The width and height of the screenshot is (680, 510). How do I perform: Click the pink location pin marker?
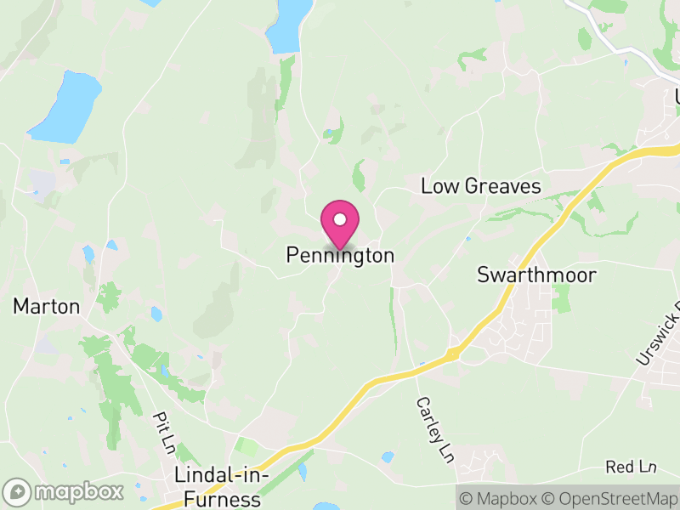[x=340, y=224]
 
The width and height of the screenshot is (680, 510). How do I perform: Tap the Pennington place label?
[x=340, y=255]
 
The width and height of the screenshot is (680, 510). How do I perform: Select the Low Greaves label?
[x=481, y=186]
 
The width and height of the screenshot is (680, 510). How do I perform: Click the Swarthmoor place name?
[x=536, y=275]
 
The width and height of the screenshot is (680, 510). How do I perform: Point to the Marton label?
[x=46, y=306]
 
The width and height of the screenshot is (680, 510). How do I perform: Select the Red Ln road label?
[x=632, y=467]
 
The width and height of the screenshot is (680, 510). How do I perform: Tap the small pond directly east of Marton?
[x=156, y=314]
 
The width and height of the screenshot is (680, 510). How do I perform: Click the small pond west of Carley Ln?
[x=388, y=457]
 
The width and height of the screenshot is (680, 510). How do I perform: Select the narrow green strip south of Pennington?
[x=393, y=319]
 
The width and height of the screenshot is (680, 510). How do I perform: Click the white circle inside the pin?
[x=340, y=219]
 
